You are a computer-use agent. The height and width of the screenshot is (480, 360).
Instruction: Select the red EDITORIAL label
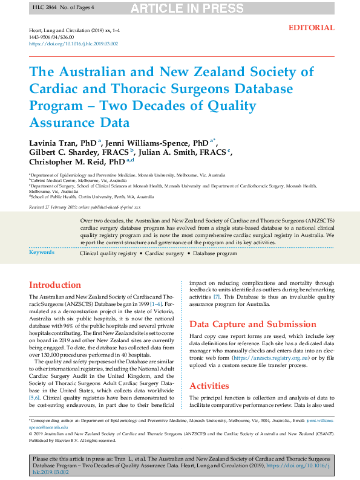311,28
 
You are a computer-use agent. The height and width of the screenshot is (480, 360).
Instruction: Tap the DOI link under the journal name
73,44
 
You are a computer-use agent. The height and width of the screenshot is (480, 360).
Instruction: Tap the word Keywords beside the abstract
42,252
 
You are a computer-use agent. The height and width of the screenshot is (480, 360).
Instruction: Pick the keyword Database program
215,253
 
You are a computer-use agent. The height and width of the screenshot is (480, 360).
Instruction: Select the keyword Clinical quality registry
108,253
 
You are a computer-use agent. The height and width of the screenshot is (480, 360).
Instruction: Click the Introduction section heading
55,285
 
